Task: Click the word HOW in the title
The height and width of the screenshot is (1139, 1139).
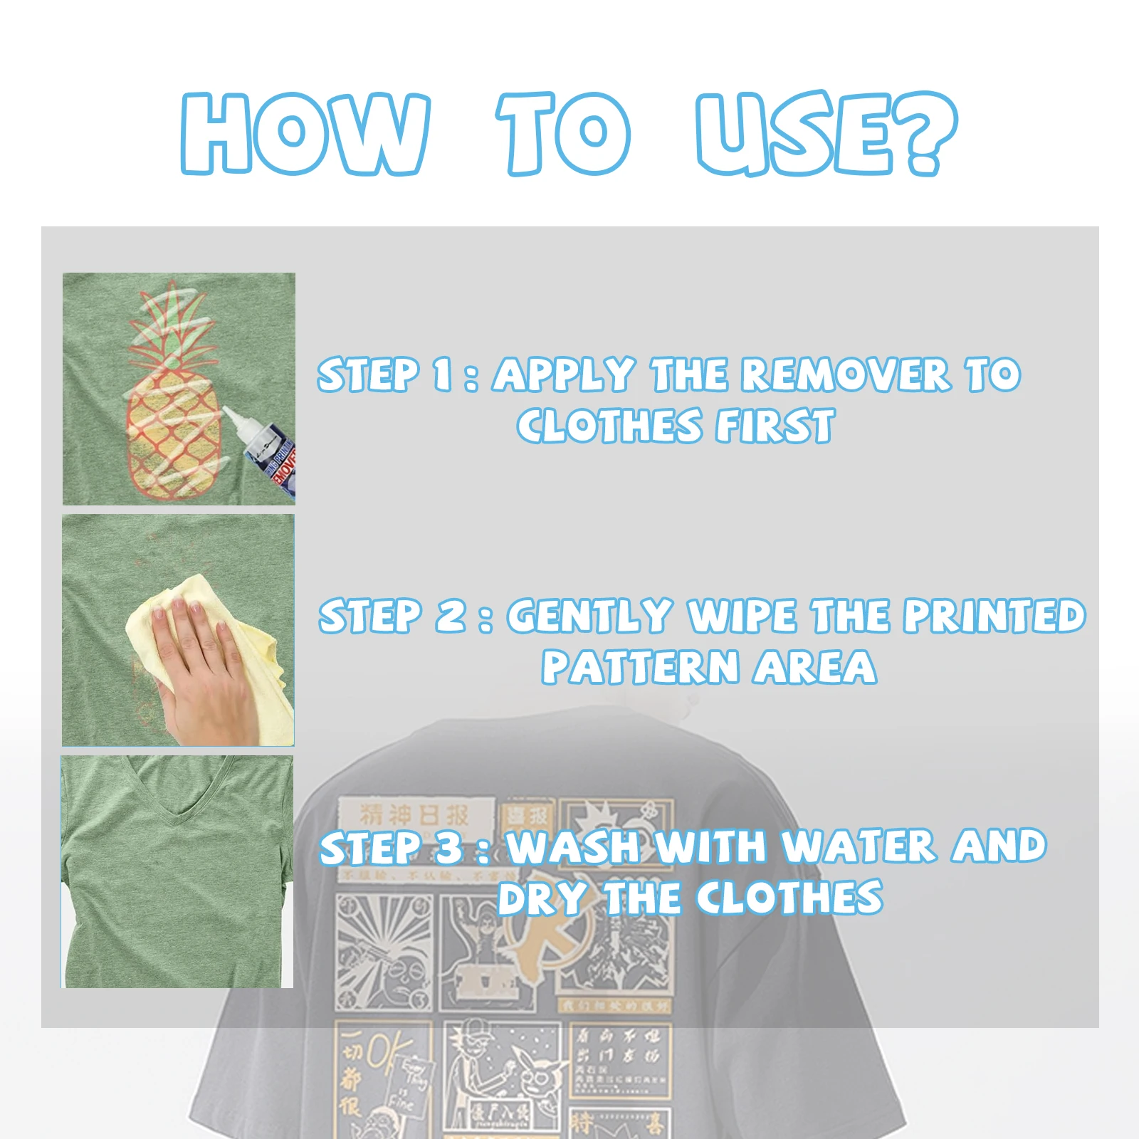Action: point(305,134)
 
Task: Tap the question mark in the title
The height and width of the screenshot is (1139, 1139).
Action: point(925,134)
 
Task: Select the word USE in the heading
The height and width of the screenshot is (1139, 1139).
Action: point(795,134)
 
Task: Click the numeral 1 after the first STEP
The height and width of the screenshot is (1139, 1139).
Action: point(442,375)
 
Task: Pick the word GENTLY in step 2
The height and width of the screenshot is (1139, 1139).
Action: point(589,616)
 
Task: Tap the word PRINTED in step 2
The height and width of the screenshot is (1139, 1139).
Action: point(994,616)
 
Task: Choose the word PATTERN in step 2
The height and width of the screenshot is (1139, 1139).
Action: point(640,668)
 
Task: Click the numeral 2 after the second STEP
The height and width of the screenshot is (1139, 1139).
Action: point(451,616)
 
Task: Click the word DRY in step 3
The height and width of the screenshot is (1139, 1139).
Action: point(542,898)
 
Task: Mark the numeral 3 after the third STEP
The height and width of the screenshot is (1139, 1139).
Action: point(449,848)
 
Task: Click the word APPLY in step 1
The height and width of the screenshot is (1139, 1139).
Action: point(563,375)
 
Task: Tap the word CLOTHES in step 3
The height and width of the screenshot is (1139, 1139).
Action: point(789,898)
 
